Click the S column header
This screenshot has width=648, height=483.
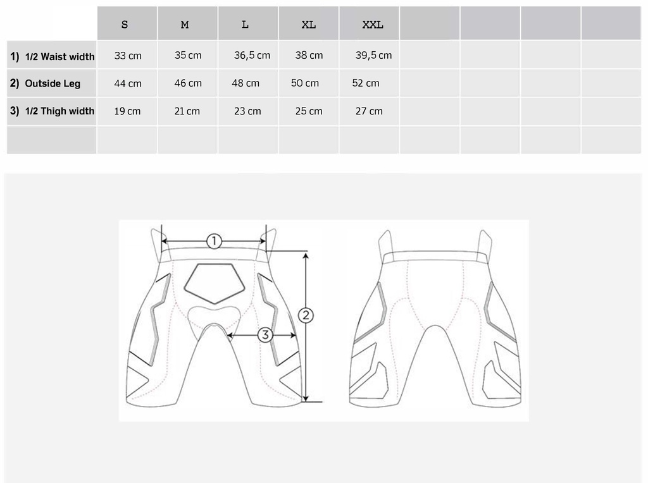(125, 25)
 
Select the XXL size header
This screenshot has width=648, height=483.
(373, 25)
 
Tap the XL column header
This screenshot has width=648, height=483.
(309, 25)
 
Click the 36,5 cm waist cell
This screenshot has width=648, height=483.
(252, 56)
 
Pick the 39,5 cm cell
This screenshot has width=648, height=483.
(373, 56)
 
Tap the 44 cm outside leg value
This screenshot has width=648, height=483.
(128, 83)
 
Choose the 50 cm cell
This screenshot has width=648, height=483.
(305, 83)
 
